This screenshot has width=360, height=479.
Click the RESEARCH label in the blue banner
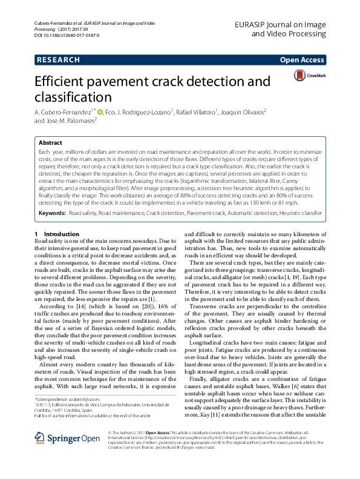click(x=58, y=60)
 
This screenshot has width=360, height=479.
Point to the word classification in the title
click(x=73, y=97)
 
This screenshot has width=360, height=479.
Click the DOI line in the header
click(x=64, y=36)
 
